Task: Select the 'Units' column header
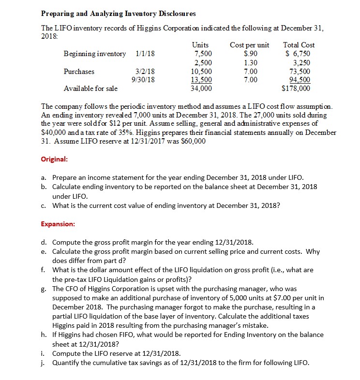click(x=201, y=45)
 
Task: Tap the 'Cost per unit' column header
click(x=249, y=45)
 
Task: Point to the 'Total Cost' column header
click(x=299, y=45)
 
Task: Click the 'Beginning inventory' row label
click(x=95, y=54)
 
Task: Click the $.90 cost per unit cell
click(x=249, y=54)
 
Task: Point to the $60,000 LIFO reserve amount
click(x=192, y=141)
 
